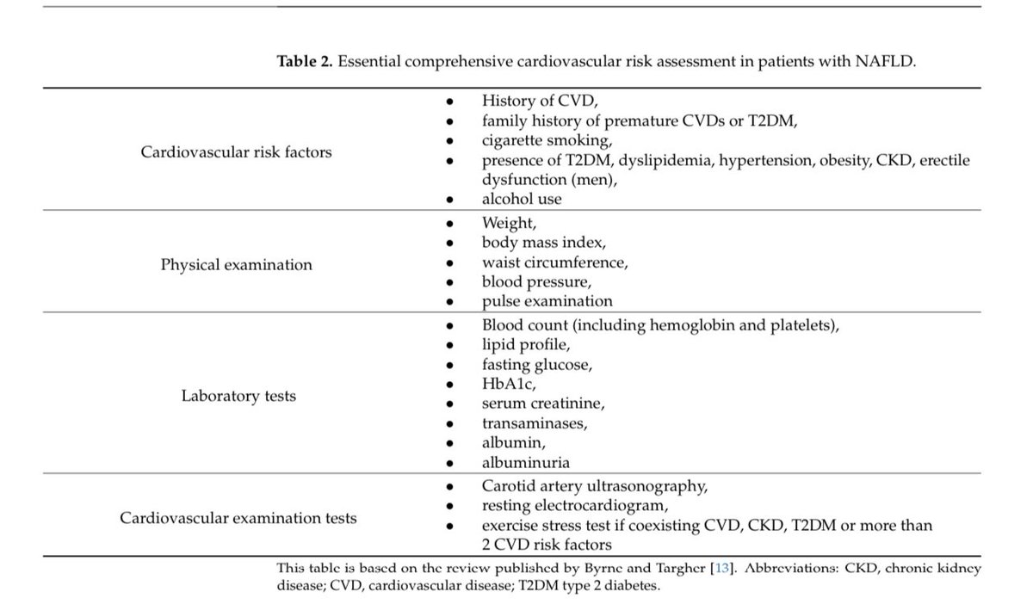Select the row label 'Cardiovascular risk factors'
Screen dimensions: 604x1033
[236, 152]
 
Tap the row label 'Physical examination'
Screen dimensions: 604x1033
[236, 264]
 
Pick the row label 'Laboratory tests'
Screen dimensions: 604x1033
[238, 396]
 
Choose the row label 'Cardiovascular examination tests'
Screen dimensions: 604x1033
[238, 518]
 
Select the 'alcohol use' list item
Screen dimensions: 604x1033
[521, 198]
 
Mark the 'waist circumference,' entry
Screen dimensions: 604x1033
[555, 263]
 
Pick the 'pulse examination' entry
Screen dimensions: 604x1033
[547, 301]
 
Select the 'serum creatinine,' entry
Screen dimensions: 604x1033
[543, 403]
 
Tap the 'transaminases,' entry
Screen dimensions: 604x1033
[535, 422]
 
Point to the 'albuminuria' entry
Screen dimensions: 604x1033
[525, 462]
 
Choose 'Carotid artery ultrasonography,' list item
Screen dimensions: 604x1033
[595, 486]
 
